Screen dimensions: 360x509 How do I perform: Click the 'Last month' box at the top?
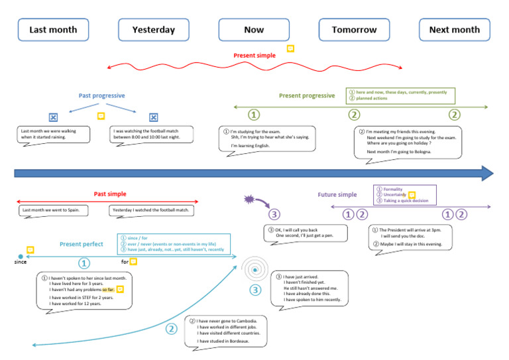click(53, 30)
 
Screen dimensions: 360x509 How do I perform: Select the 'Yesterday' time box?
click(154, 30)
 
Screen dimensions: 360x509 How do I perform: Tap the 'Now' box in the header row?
click(254, 30)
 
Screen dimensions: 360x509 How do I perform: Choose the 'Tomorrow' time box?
click(354, 30)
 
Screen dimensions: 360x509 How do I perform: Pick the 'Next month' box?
click(454, 30)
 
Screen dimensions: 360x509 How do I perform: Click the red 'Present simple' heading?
click(254, 56)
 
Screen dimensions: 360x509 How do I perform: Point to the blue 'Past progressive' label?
click(101, 95)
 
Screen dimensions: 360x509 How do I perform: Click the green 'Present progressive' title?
click(307, 95)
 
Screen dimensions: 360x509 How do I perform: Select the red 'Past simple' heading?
click(110, 194)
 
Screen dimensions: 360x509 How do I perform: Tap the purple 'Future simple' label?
click(337, 195)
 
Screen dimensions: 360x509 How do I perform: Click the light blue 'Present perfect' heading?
click(82, 244)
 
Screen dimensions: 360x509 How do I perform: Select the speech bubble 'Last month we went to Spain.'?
click(51, 210)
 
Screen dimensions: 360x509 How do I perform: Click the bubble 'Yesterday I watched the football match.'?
click(151, 210)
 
